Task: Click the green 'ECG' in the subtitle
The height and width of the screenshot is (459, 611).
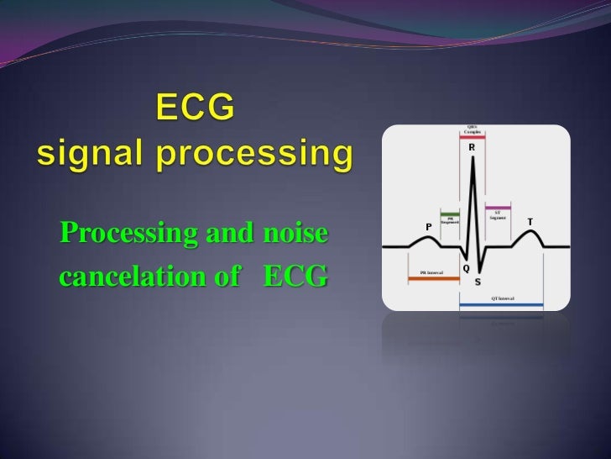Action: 295,276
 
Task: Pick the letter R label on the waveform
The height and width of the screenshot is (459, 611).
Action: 472,147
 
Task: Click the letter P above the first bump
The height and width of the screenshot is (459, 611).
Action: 428,227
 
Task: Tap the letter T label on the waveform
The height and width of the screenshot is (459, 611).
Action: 530,221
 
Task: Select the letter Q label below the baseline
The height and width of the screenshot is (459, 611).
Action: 465,268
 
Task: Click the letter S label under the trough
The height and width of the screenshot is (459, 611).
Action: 478,281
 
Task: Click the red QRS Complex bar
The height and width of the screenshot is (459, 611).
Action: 473,135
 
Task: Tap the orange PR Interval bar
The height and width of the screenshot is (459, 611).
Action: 433,278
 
